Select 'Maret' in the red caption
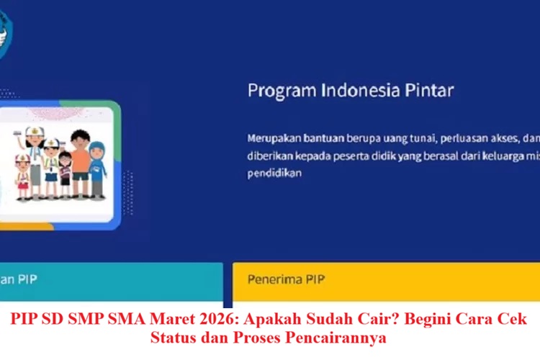point(168,320)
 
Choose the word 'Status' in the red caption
point(172,336)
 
